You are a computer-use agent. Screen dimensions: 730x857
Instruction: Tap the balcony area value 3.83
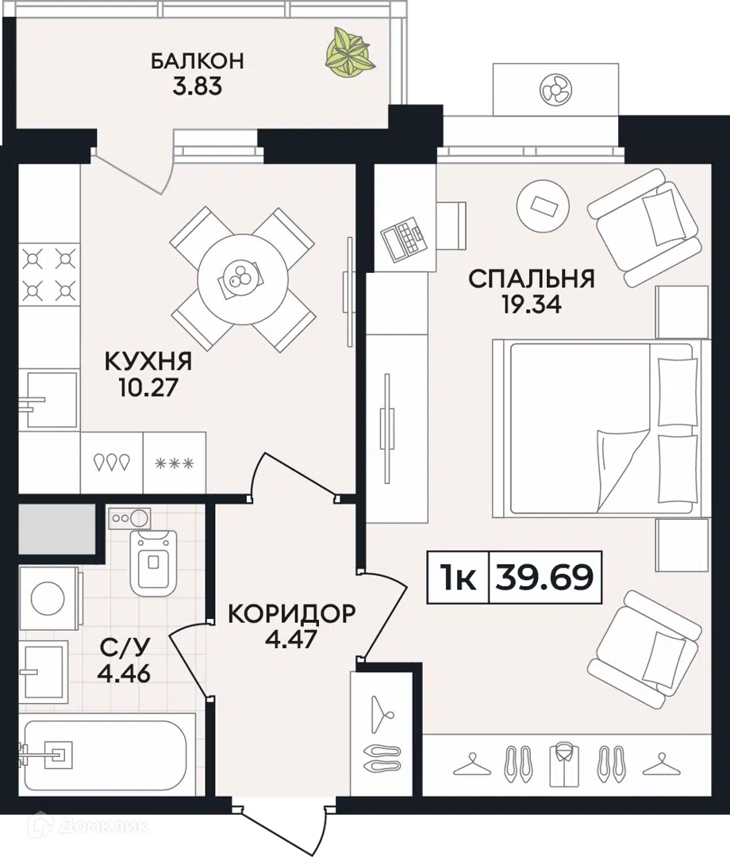[x=198, y=86]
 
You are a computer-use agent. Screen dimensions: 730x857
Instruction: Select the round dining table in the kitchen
[x=243, y=279]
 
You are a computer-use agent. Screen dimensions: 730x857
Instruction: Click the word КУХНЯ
[x=148, y=361]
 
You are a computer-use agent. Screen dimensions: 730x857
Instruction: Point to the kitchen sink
[x=48, y=399]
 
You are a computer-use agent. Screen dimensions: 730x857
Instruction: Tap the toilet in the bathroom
[x=154, y=563]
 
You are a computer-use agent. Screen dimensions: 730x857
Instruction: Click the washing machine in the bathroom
[x=49, y=598]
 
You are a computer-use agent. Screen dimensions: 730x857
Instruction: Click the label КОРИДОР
[x=291, y=613]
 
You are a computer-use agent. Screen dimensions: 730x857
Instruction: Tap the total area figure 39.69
[x=544, y=577]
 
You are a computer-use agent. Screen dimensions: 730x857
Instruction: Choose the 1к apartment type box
[x=458, y=577]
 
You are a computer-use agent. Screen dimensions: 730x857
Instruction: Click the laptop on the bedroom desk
[x=404, y=238]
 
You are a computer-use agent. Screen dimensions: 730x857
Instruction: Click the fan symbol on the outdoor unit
[x=555, y=90]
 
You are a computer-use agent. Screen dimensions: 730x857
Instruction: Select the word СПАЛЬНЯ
[x=531, y=279]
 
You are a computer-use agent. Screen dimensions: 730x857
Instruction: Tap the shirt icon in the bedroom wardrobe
[x=564, y=763]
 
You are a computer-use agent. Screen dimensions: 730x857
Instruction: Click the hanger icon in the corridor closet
[x=382, y=714]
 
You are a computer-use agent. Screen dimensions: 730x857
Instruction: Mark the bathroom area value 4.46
[x=124, y=674]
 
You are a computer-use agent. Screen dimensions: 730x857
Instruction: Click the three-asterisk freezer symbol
[x=175, y=464]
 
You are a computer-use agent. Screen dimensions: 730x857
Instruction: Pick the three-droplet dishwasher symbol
[x=112, y=463]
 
